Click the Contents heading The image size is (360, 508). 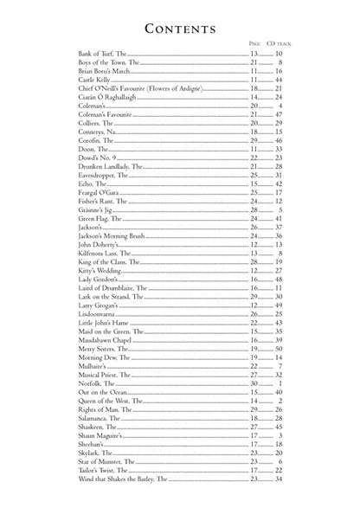tap(179, 29)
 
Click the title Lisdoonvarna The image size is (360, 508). tap(85, 335)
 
